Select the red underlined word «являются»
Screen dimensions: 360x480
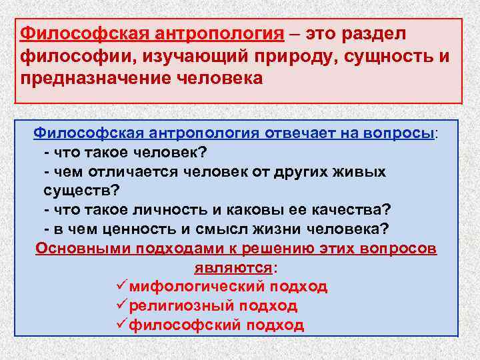pyautogui.click(x=233, y=268)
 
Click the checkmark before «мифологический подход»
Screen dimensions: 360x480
pyautogui.click(x=120, y=287)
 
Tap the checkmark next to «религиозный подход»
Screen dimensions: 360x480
pyautogui.click(x=120, y=306)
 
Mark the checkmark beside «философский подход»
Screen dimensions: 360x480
pyautogui.click(x=120, y=325)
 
